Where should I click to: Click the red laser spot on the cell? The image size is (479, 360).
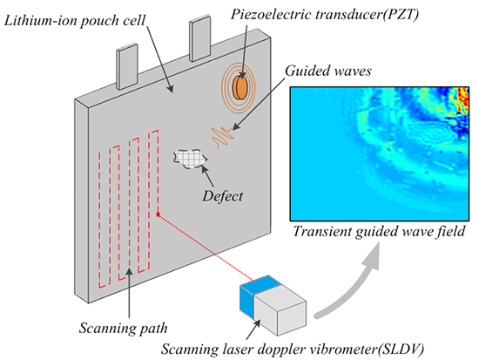158,214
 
